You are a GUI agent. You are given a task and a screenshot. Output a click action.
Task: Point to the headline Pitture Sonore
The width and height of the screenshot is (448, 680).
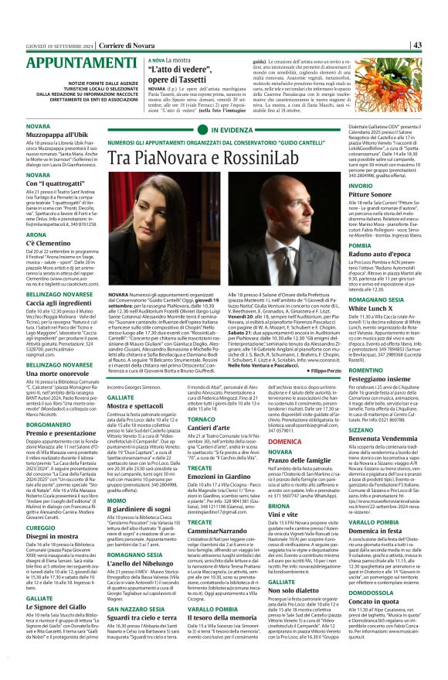tap(372, 196)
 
